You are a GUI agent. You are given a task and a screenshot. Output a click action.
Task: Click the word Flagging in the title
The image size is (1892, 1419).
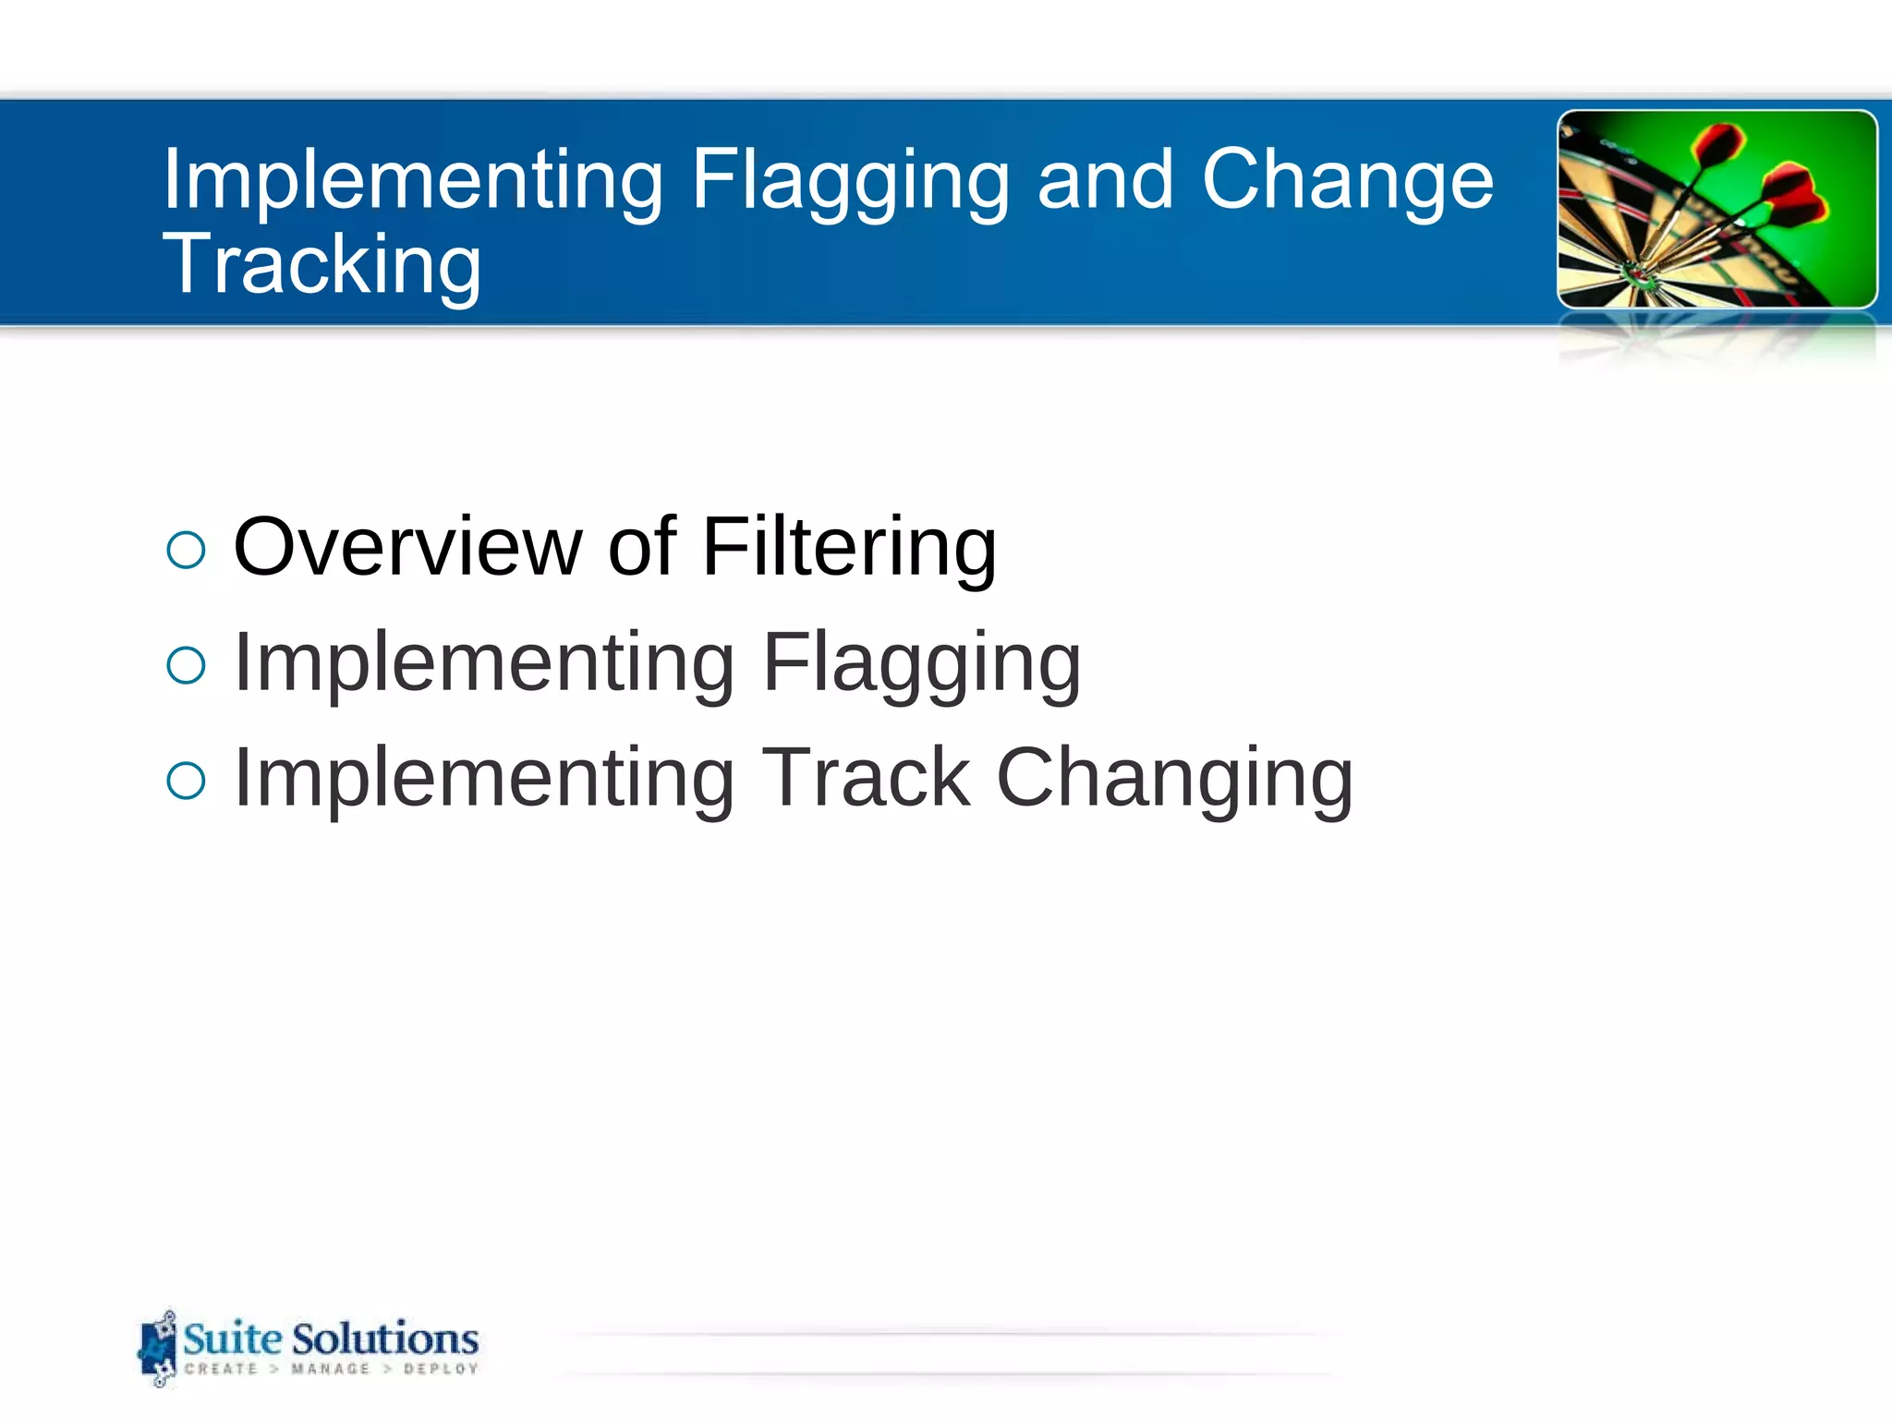click(850, 181)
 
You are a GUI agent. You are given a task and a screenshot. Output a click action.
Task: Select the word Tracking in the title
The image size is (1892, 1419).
click(321, 266)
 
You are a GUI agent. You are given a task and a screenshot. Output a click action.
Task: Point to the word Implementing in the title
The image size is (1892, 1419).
click(412, 181)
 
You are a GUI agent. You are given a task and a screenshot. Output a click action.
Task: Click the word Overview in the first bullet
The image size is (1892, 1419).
click(407, 547)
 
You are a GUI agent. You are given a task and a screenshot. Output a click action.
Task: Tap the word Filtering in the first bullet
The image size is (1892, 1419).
click(849, 547)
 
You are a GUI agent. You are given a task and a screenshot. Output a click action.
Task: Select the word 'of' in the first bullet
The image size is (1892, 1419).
click(642, 547)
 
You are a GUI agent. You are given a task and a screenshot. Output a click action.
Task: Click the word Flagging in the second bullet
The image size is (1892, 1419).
click(921, 663)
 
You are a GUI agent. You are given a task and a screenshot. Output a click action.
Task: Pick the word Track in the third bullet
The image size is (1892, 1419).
click(866, 778)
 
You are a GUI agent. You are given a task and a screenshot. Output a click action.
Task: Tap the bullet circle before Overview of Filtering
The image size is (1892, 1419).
click(186, 551)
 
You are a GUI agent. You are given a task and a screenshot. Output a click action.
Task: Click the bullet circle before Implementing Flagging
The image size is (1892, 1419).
click(186, 665)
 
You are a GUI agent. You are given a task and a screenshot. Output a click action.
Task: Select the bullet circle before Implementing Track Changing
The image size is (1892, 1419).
click(186, 781)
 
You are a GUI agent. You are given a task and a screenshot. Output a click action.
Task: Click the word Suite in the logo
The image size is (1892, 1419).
click(233, 1339)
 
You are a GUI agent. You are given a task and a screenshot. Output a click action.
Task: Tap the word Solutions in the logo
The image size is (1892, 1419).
click(385, 1339)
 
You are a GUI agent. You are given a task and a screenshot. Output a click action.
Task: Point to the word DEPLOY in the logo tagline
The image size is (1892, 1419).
click(441, 1369)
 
